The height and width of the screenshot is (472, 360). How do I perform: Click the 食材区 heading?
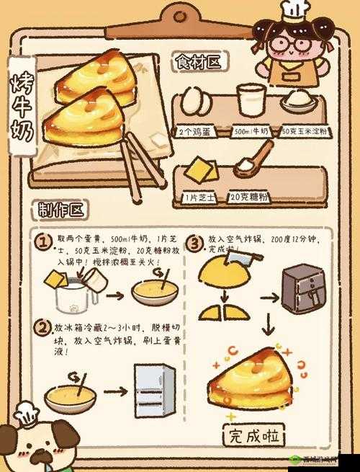pos(198,63)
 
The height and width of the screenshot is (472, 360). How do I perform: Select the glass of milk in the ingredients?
pos(251,101)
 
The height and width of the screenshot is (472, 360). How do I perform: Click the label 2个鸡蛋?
pos(194,132)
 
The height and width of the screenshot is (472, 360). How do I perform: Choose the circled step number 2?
pos(42,329)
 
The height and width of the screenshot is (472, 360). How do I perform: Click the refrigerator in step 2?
pos(154,391)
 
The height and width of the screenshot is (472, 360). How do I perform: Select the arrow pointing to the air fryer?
pos(269,296)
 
